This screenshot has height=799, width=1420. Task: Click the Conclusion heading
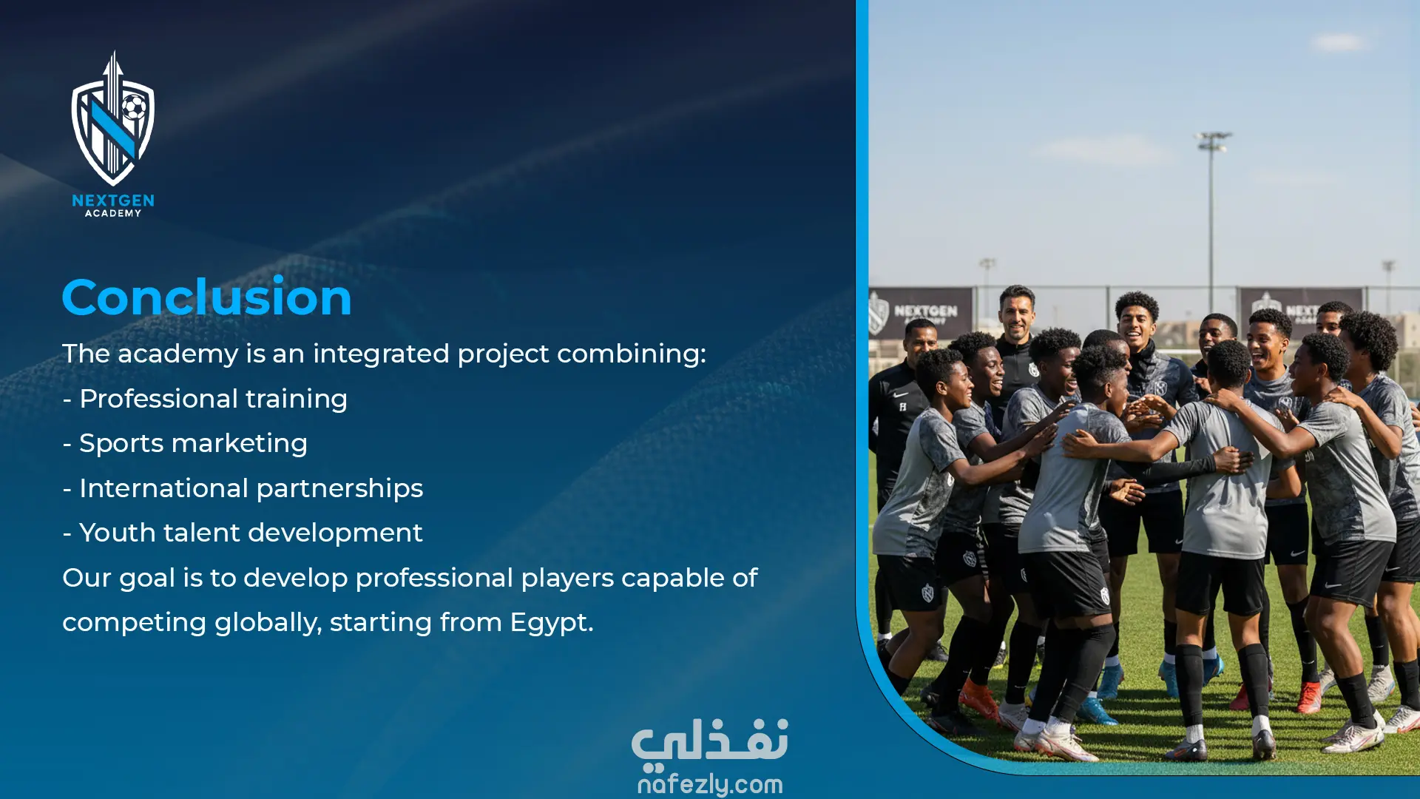point(206,297)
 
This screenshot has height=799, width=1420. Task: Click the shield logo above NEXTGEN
point(113,118)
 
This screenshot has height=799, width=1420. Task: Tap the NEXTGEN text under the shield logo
point(113,200)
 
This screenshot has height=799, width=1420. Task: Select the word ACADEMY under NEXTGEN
point(113,213)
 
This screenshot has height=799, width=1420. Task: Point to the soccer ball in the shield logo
point(133,107)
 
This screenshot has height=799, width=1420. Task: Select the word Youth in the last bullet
point(117,533)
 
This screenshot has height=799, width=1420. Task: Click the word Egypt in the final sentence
point(552,623)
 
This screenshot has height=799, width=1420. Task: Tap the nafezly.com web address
point(710,784)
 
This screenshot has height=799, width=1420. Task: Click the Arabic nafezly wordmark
point(710,742)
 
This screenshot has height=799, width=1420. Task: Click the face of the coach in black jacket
point(1016,316)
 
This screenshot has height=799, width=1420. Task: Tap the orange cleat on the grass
point(978,698)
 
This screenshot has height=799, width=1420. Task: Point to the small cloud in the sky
point(1339,42)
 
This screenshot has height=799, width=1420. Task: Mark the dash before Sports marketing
point(67,445)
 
